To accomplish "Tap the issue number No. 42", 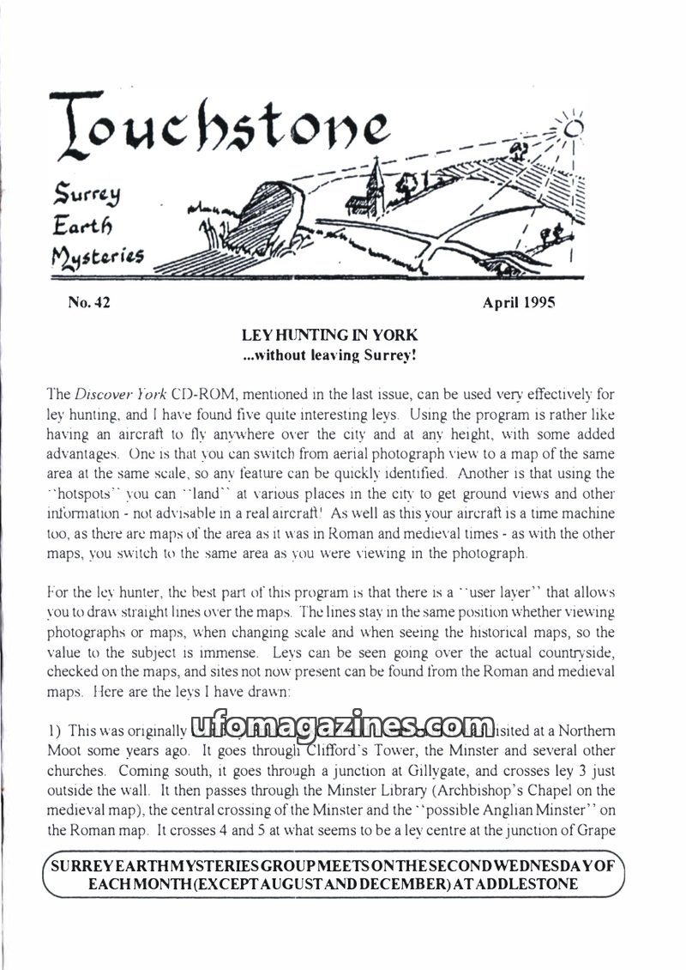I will coord(88,302).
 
